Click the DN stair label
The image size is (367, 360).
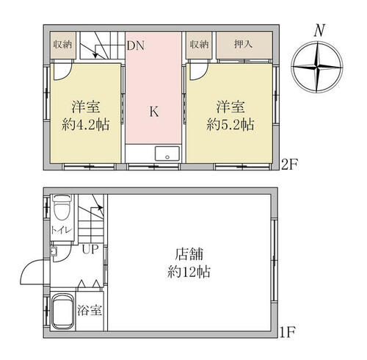[x=136, y=46]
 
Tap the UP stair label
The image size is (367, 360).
[x=90, y=249]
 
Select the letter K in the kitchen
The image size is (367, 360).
[x=154, y=112]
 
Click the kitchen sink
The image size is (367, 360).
[x=167, y=154]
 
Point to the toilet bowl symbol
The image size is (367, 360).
[x=62, y=208]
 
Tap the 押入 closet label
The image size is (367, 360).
[x=243, y=44]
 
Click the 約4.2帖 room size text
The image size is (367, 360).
[x=85, y=125]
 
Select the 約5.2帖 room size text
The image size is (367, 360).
[x=230, y=125]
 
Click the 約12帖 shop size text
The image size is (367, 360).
[x=189, y=272]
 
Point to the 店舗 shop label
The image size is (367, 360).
[x=189, y=254]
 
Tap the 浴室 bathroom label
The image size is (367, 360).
[x=90, y=310]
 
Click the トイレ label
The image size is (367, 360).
[x=62, y=230]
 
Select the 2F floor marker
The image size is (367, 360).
[x=289, y=165]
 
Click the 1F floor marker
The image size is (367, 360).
[x=288, y=332]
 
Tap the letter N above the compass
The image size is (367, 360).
[x=319, y=30]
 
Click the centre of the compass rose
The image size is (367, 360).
[x=317, y=67]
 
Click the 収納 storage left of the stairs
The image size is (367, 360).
[x=63, y=45]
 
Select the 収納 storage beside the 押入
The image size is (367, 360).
[x=200, y=45]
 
